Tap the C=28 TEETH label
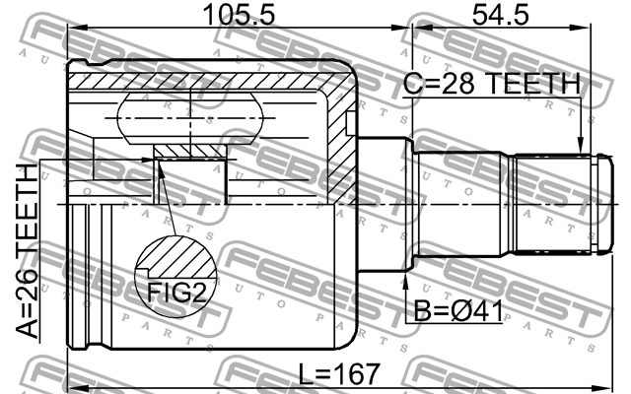491,86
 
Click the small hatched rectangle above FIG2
189,151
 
